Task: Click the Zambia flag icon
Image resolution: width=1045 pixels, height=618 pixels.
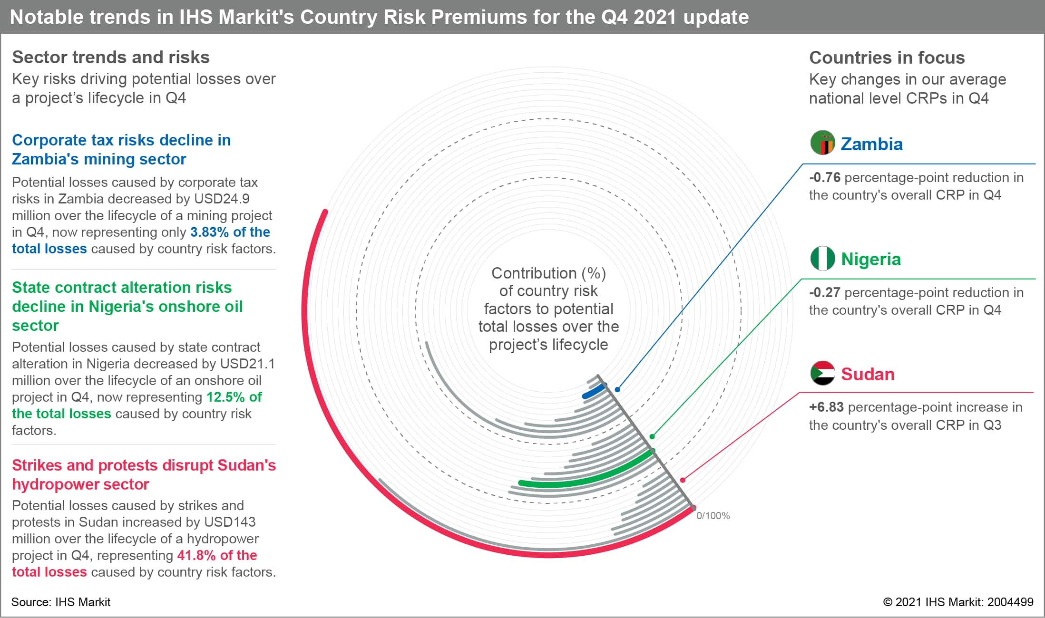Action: click(822, 143)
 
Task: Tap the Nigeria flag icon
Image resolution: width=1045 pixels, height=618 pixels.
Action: click(822, 258)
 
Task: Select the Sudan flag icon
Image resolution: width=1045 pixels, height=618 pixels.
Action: click(822, 373)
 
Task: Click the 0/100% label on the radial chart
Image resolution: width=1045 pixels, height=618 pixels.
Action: click(713, 516)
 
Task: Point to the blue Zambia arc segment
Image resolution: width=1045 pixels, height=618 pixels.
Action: click(594, 392)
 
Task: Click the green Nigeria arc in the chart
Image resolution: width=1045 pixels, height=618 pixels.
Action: click(590, 477)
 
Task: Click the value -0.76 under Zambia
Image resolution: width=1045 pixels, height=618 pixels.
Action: click(825, 178)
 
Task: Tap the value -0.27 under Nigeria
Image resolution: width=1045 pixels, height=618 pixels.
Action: click(825, 293)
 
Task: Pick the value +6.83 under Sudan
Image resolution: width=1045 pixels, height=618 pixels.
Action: click(826, 407)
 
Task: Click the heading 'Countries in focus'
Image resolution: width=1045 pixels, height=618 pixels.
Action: click(887, 58)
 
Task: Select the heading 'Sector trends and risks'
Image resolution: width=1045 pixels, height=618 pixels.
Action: click(111, 57)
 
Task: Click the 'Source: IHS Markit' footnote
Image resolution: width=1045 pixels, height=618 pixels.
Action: click(61, 602)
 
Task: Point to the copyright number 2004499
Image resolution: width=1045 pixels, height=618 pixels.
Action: click(1010, 602)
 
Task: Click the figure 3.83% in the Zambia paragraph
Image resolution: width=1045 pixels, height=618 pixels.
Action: click(209, 232)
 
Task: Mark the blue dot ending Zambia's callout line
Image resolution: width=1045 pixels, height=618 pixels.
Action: click(617, 389)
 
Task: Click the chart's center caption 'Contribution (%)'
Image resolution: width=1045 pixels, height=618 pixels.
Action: click(548, 273)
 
